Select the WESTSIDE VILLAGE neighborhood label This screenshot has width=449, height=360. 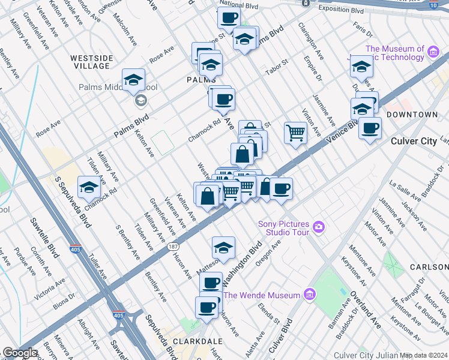[x=92, y=62]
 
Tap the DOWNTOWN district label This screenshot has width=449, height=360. [x=411, y=114]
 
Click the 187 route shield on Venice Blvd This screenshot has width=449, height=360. [x=173, y=247]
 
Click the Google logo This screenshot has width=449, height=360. [x=20, y=353]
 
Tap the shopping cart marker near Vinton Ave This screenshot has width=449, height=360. [x=295, y=133]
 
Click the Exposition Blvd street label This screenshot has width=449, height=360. [x=341, y=11]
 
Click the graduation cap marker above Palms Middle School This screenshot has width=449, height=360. [x=133, y=80]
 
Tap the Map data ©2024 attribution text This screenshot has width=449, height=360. [x=424, y=355]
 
